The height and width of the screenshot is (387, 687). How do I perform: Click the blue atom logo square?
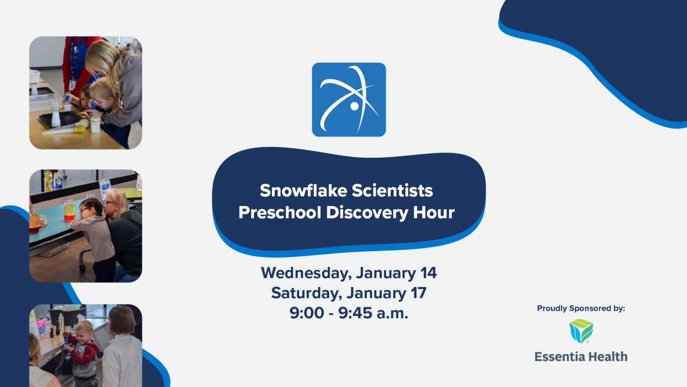(x=349, y=99)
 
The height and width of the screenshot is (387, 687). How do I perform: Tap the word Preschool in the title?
(x=280, y=212)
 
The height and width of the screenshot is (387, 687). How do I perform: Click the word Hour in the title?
(x=433, y=212)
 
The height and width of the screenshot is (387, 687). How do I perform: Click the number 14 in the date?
(x=428, y=272)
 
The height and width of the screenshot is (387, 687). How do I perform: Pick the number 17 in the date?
(x=418, y=293)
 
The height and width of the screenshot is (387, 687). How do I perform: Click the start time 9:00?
(x=306, y=313)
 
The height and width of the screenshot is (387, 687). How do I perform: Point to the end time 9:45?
(x=355, y=313)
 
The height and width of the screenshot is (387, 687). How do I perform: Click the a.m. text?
(x=392, y=313)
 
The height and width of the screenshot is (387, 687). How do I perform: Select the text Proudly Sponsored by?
(x=581, y=308)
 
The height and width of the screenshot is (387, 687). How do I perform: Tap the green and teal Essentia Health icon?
(x=581, y=331)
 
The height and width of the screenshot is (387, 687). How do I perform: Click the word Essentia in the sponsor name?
(x=559, y=357)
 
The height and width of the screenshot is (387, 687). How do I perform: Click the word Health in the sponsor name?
(x=607, y=357)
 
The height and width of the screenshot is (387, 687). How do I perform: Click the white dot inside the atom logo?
(x=354, y=106)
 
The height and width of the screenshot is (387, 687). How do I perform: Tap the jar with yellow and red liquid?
(x=69, y=210)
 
